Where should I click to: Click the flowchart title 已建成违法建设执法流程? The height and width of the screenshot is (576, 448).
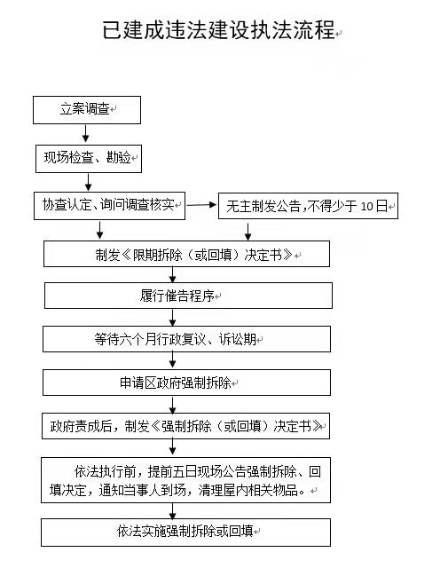point(218,30)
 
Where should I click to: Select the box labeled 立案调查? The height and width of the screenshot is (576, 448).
point(87,110)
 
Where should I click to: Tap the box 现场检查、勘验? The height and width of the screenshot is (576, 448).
point(89,159)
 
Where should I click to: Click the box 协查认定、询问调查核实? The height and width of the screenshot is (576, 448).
point(109,206)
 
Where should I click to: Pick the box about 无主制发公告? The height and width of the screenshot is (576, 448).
point(308,206)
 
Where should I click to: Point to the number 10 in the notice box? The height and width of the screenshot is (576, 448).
point(366,207)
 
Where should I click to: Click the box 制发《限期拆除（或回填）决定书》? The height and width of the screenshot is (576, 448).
point(186,254)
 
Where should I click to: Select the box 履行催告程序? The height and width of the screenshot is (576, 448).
point(188,296)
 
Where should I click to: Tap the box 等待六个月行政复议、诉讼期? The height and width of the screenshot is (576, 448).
point(186,339)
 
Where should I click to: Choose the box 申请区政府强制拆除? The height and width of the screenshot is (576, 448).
point(186,383)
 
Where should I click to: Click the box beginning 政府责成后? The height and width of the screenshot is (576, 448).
point(185,426)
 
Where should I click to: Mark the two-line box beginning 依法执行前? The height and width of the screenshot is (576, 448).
point(185,480)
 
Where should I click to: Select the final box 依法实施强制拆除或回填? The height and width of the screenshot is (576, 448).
point(185,533)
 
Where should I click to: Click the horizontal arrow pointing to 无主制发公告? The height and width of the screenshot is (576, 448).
point(201,205)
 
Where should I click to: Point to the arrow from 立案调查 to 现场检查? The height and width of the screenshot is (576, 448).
point(85,134)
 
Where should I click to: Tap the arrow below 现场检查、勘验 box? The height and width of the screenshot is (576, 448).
point(88,182)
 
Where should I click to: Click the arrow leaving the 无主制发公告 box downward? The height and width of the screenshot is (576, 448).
point(248,231)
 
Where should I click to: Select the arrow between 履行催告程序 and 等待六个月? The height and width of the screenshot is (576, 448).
point(173,318)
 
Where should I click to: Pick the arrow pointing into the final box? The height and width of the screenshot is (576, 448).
point(173,511)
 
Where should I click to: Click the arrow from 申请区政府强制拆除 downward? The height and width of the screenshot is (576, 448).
point(173,405)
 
